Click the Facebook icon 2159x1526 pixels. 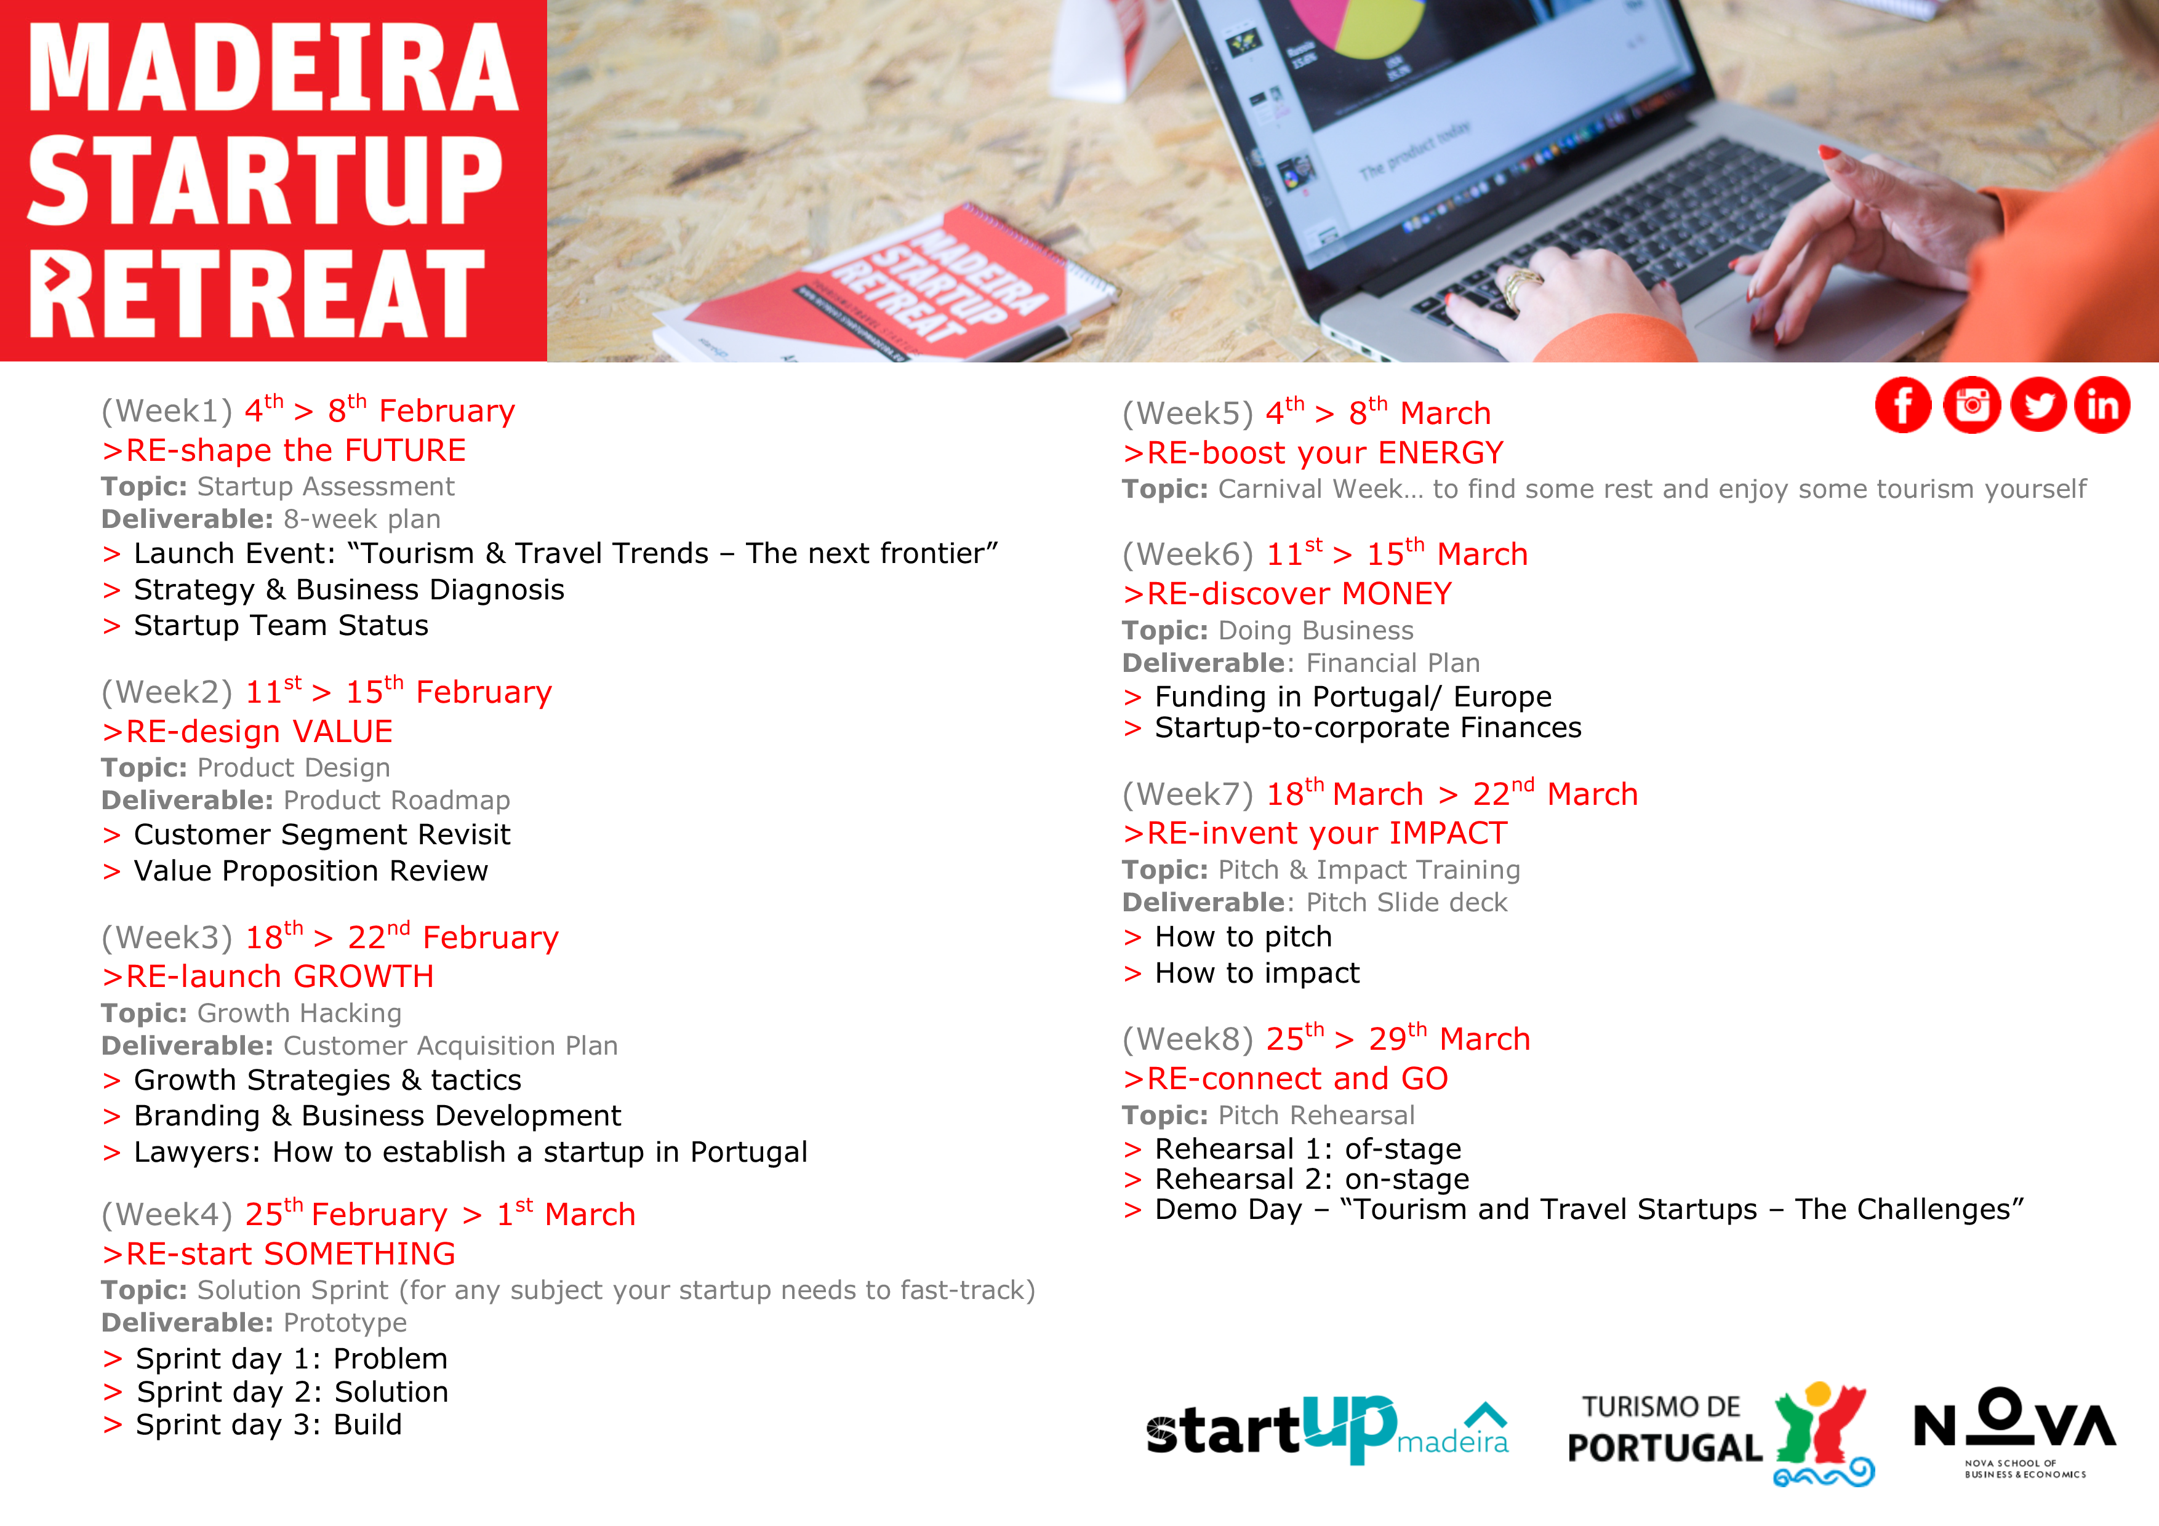coord(1902,405)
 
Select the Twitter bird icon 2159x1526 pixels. coord(2038,405)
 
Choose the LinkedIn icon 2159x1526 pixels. coord(2102,405)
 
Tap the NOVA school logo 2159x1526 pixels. coord(2014,1432)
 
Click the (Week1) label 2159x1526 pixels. coord(166,411)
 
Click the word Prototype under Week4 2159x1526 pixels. coord(345,1323)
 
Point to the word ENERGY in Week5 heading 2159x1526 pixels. coord(1441,453)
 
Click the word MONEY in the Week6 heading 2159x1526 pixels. coord(1396,594)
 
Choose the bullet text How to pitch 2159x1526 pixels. coord(1243,937)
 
